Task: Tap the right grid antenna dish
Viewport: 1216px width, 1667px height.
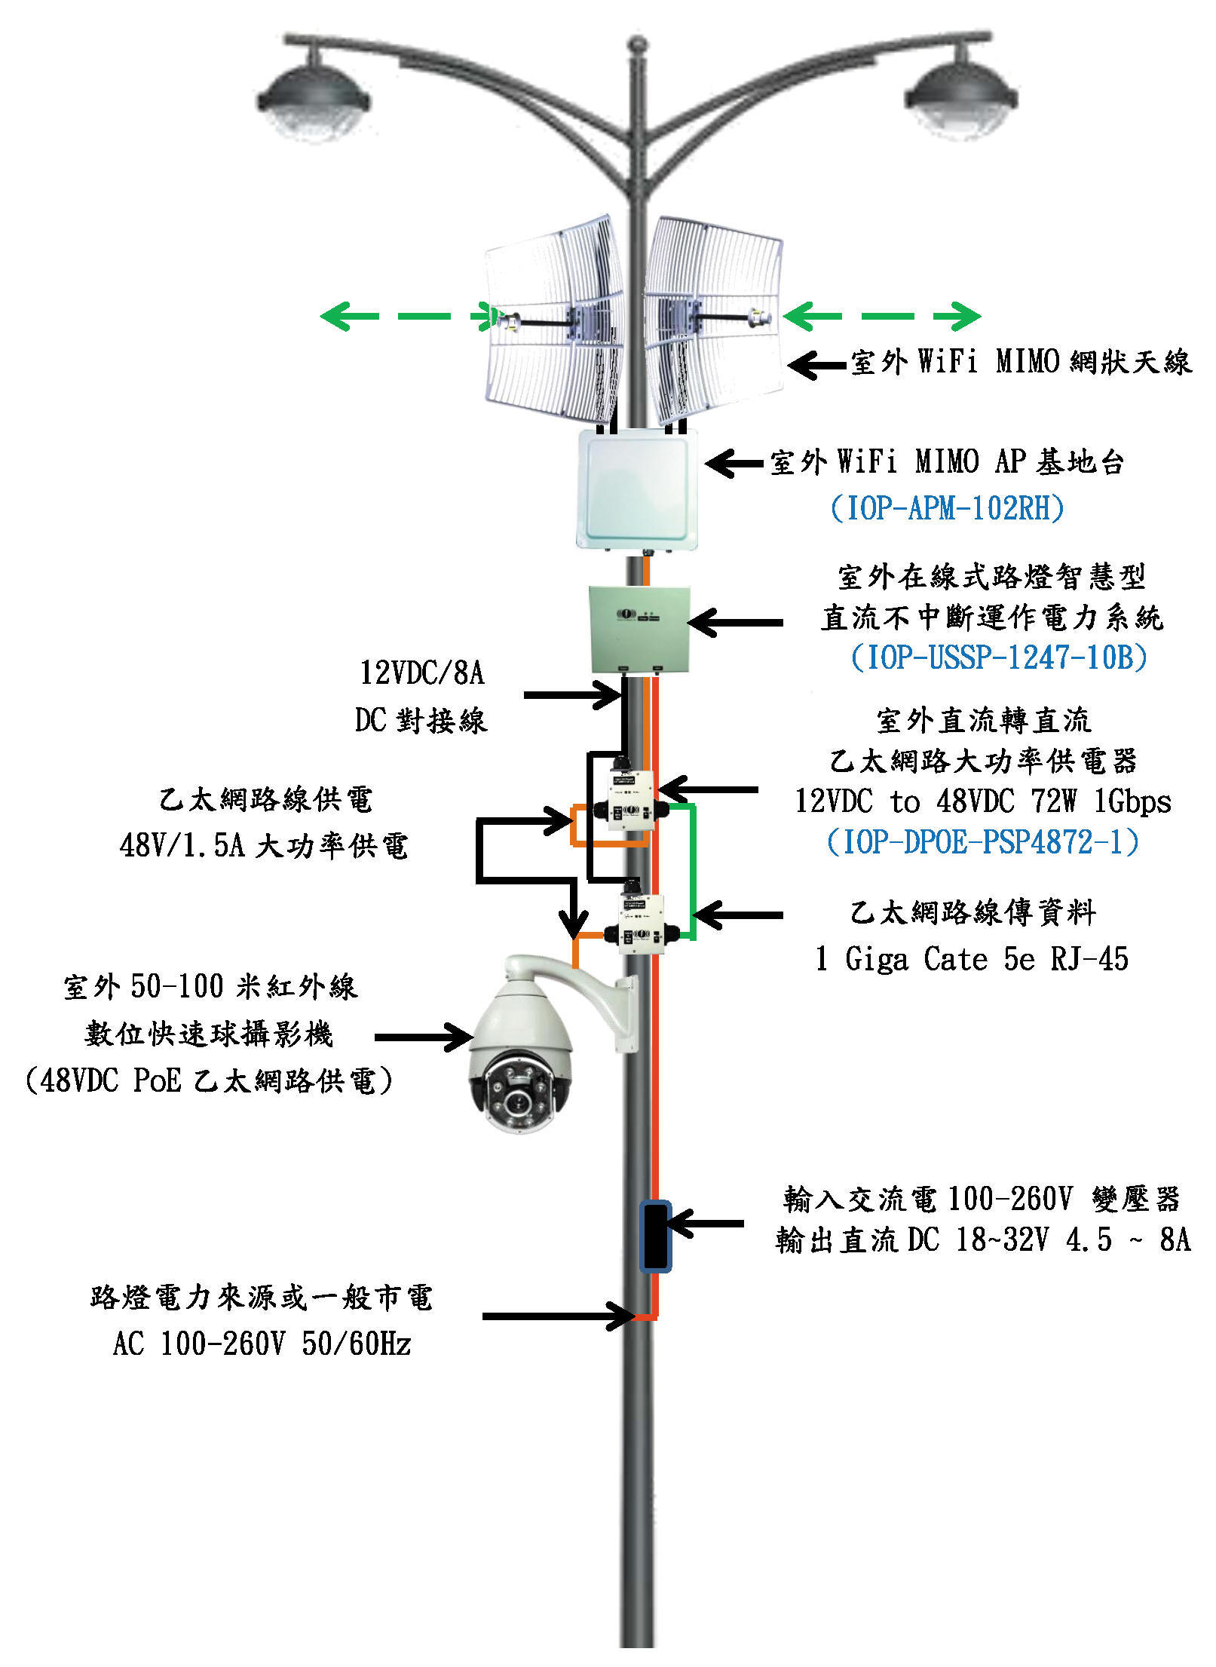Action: (x=713, y=320)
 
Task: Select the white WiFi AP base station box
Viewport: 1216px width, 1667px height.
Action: (x=637, y=488)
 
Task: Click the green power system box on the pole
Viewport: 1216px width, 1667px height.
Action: (x=639, y=630)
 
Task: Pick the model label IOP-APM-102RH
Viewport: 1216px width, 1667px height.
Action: (x=948, y=508)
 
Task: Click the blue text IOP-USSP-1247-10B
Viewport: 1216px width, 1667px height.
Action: (x=999, y=657)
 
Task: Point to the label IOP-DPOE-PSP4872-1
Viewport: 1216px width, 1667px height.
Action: (x=983, y=841)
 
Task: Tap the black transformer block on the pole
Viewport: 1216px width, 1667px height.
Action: (x=655, y=1237)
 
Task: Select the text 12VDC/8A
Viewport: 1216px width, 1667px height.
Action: (x=421, y=673)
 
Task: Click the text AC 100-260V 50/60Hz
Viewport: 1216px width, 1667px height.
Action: (x=262, y=1344)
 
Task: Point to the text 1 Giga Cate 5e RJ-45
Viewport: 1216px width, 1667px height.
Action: (x=972, y=959)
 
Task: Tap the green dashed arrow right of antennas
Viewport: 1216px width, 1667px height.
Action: (x=882, y=316)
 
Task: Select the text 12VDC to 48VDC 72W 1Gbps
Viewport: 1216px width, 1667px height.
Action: (x=983, y=801)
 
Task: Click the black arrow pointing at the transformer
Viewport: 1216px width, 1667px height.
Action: (x=706, y=1223)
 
